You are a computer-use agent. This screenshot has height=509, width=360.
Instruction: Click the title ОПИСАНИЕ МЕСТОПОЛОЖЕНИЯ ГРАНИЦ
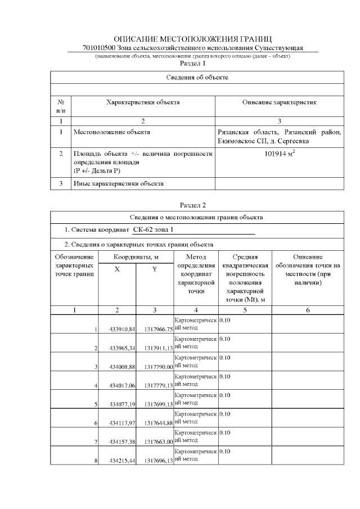click(192, 39)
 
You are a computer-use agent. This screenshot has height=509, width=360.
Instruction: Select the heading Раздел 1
click(192, 64)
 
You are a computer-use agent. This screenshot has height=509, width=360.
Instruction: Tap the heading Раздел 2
click(192, 205)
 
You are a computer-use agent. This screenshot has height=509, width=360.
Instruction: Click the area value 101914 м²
click(279, 152)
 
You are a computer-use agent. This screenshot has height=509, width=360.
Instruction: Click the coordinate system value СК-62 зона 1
click(154, 230)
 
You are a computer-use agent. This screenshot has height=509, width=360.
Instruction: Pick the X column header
click(117, 269)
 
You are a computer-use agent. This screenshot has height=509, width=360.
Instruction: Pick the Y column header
click(155, 269)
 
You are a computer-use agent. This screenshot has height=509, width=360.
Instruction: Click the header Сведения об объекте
click(197, 77)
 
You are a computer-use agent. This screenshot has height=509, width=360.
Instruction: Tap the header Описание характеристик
click(279, 102)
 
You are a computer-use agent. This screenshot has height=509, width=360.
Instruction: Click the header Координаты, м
click(136, 256)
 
